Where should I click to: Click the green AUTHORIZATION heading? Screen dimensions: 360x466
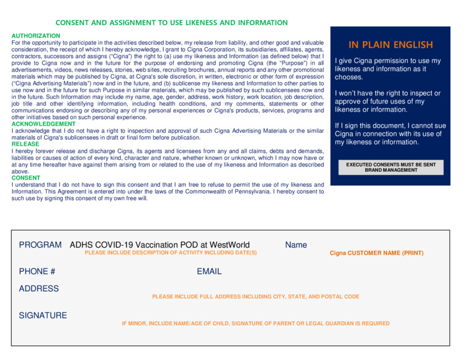36,36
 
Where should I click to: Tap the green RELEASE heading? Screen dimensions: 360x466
26,144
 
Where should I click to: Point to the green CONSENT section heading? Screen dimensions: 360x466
26,178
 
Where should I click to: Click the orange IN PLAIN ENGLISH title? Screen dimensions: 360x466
391,45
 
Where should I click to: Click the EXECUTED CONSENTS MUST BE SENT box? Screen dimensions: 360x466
391,167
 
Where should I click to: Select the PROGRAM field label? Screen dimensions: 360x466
40,245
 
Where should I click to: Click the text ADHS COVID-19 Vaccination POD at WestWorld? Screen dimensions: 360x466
160,245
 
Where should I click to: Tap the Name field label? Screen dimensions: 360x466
296,245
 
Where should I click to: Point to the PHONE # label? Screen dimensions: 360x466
37,271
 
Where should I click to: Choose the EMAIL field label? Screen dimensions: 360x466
209,271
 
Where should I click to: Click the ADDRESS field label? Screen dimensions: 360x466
39,289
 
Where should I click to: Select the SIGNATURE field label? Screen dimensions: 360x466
43,316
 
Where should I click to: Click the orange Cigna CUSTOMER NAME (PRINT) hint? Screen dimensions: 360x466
376,253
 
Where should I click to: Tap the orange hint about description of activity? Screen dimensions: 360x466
171,253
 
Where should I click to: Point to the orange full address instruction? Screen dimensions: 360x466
256,297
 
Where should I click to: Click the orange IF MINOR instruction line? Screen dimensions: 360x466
256,323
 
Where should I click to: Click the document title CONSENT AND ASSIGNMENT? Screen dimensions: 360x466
171,23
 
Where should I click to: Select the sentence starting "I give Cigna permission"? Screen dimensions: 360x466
388,69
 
